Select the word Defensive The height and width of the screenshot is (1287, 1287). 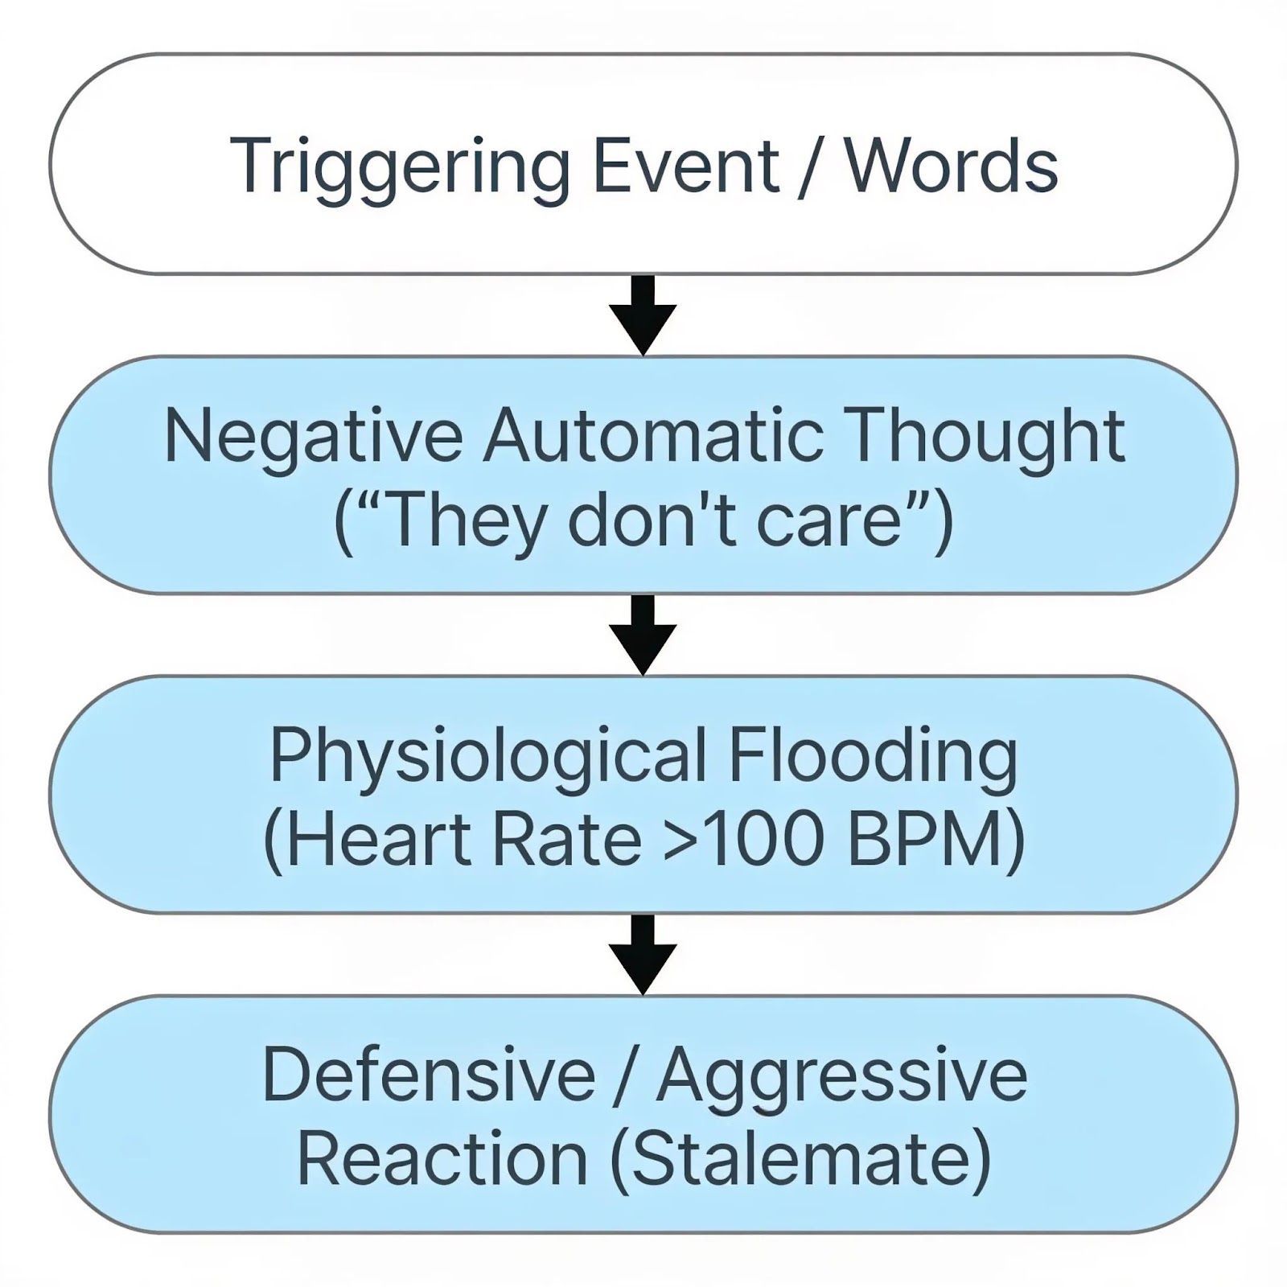[429, 1075]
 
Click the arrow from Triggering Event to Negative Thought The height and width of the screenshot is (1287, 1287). [643, 315]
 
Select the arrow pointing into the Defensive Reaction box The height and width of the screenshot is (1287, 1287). [643, 954]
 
